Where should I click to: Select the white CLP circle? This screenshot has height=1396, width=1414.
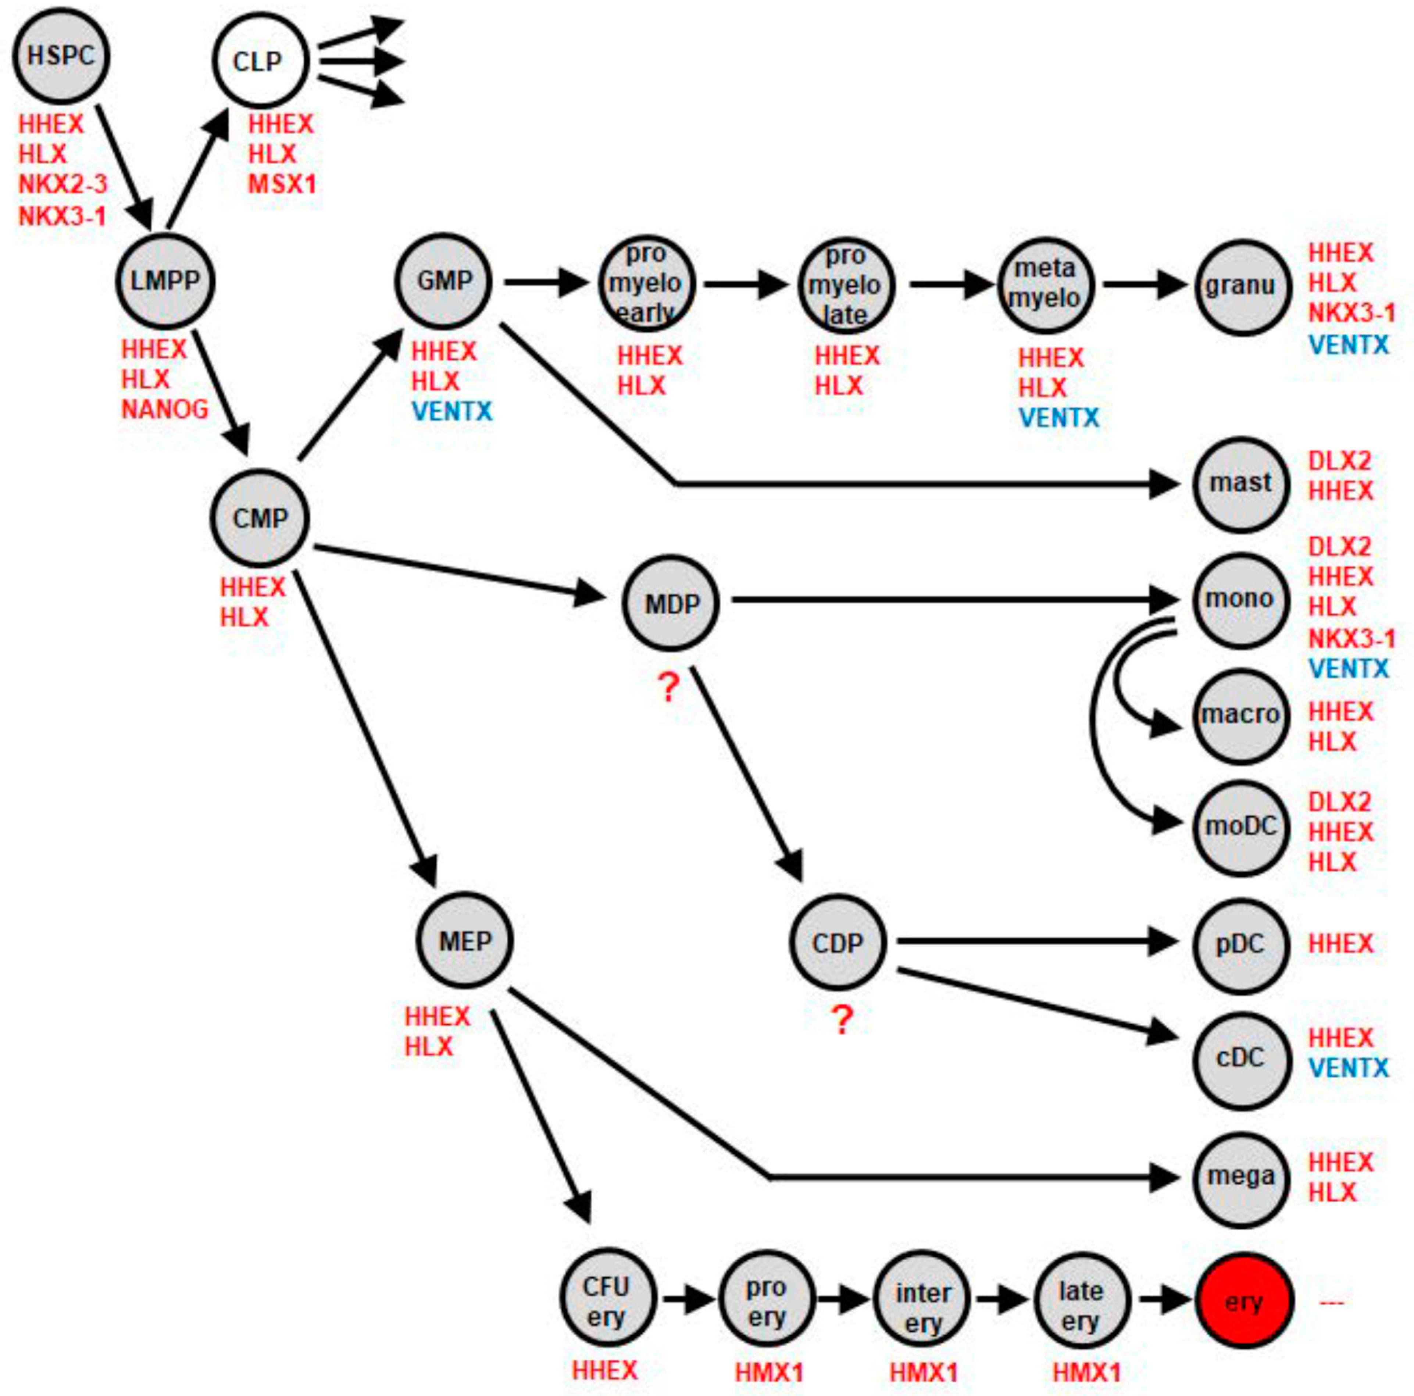259,61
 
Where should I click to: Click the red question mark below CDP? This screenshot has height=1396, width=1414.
842,1020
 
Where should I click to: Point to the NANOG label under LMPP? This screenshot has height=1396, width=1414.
165,409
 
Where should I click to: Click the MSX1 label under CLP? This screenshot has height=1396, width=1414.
282,184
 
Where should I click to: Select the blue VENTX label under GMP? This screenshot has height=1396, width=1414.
451,411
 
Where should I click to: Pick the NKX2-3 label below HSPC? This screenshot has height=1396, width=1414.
63,184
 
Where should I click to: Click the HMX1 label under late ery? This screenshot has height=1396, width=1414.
1086,1372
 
